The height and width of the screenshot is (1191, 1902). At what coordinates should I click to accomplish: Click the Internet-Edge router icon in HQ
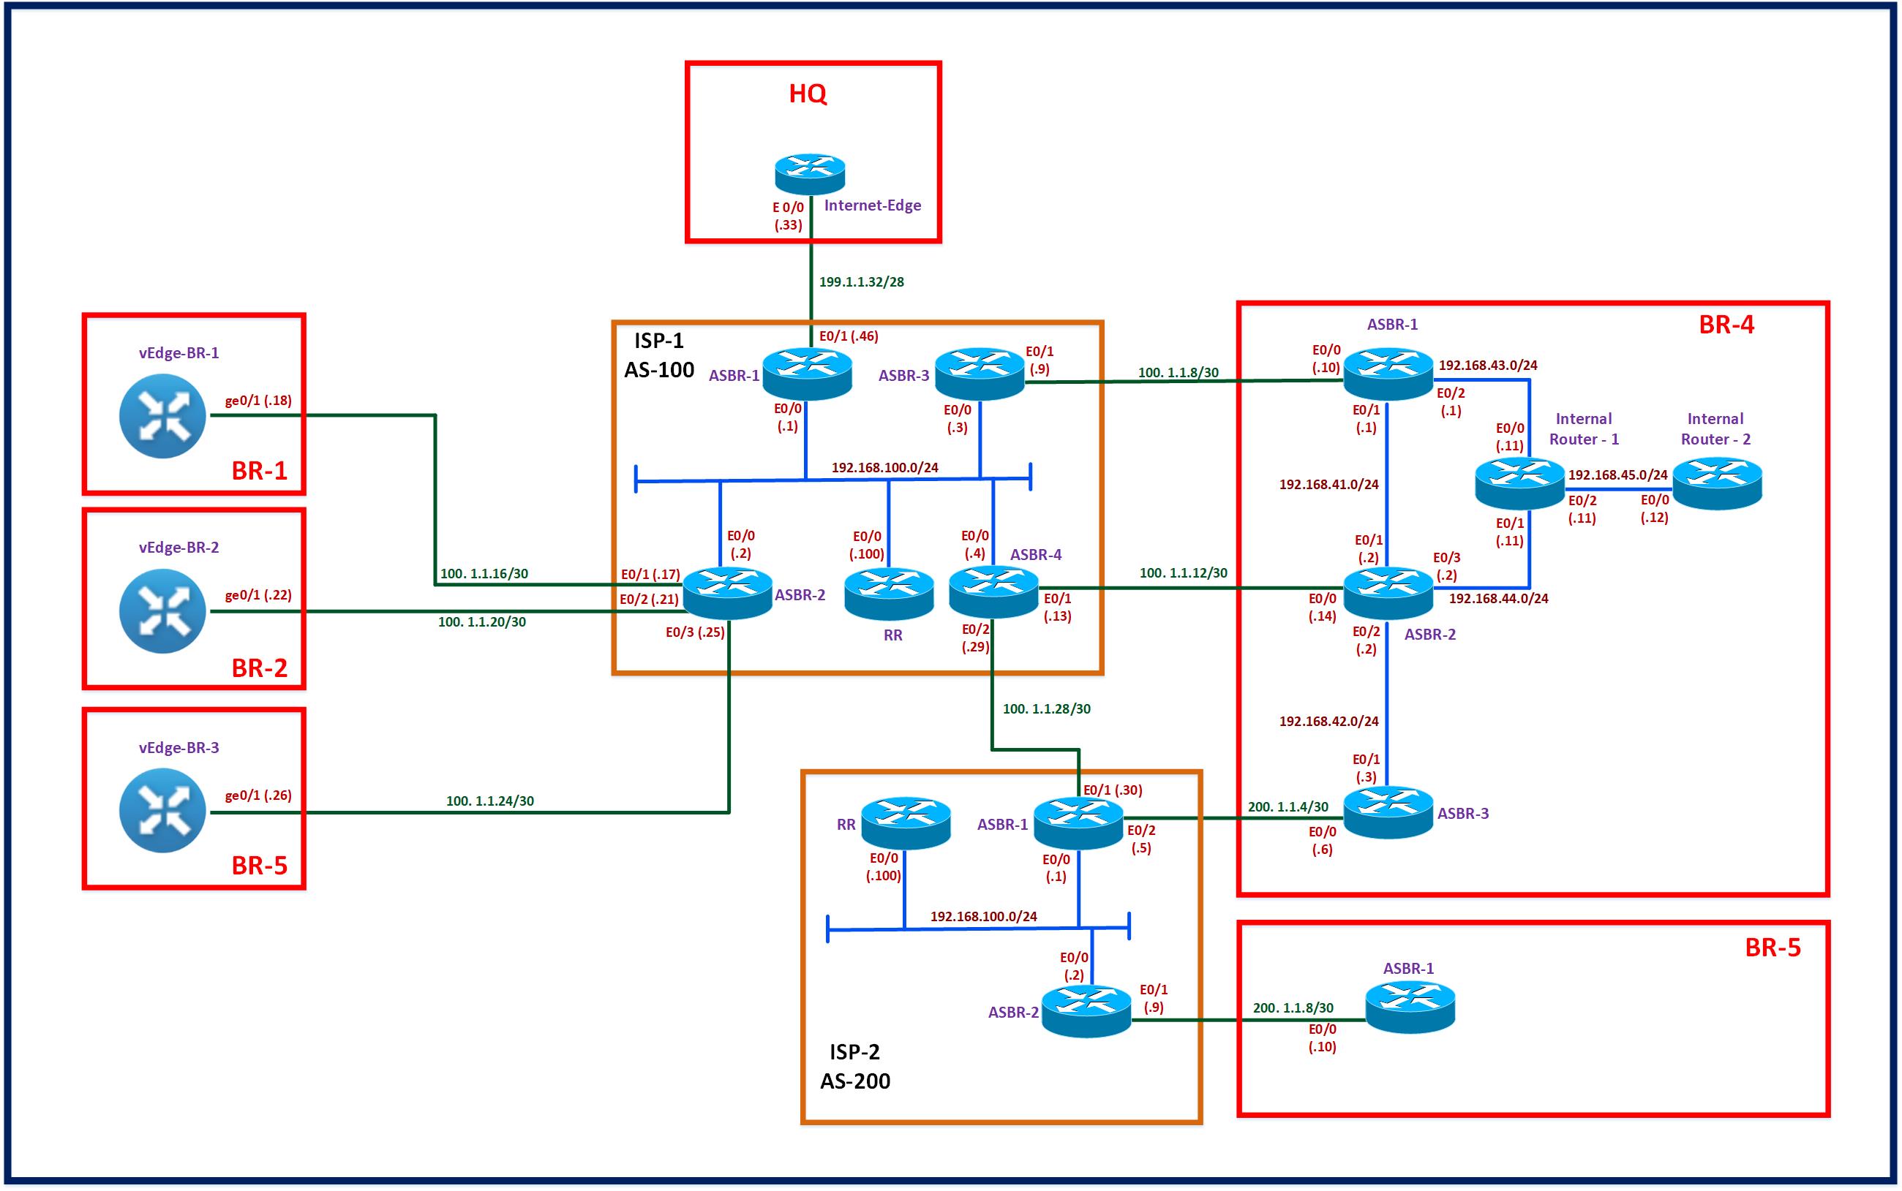809,174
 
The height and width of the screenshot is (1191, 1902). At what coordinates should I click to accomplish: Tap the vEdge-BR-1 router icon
162,415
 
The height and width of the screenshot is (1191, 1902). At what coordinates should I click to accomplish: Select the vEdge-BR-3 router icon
162,811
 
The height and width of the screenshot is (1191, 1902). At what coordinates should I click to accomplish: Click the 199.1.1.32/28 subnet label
861,282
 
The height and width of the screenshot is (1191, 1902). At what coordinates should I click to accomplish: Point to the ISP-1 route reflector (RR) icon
889,593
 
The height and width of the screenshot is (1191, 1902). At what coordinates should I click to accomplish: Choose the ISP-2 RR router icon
906,823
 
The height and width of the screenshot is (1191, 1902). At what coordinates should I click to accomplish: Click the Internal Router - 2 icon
1717,484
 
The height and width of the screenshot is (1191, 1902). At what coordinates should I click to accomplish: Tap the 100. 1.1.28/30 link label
1046,709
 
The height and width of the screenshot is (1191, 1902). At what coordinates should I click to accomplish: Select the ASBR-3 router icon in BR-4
1388,812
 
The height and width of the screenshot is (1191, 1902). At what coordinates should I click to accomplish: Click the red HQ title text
808,94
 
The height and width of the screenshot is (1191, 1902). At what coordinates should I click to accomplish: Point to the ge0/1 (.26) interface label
258,795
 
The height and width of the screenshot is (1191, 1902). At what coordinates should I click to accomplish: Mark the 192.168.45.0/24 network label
1617,475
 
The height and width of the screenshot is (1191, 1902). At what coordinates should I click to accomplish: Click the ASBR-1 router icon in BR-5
1410,1007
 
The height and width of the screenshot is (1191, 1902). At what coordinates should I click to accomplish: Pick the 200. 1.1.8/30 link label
1293,1007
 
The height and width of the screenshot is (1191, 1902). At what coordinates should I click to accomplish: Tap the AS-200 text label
855,1081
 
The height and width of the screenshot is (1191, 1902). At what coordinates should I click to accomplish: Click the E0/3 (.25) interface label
695,632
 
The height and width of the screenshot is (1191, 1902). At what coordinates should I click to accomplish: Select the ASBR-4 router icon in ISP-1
993,591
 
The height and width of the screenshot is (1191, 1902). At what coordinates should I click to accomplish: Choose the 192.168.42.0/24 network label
1328,721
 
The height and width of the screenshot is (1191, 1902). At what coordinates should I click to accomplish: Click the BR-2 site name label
259,668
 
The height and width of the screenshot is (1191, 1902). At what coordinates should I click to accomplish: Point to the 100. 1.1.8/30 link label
1178,373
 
